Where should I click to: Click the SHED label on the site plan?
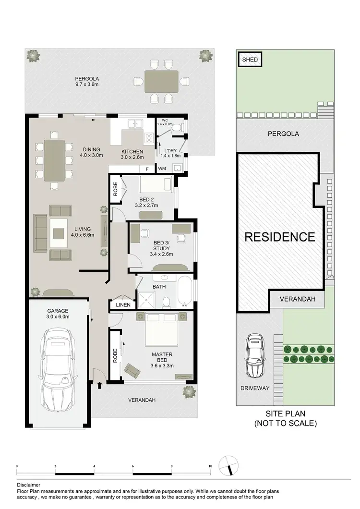(250, 60)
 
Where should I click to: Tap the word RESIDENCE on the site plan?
(280, 237)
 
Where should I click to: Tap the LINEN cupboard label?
(123, 305)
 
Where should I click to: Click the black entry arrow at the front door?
(99, 385)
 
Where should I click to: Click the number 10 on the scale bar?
(210, 466)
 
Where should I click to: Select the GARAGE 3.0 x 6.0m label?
(58, 314)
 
